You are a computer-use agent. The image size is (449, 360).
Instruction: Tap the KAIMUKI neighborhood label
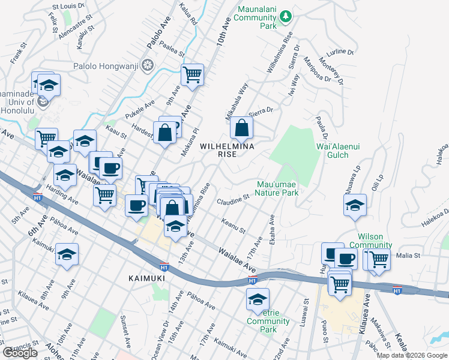point(146,278)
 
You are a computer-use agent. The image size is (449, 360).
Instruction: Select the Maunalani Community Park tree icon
point(287,14)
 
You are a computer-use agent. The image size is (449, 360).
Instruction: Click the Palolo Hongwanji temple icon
point(146,67)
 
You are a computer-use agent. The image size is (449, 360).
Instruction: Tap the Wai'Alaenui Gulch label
point(339,150)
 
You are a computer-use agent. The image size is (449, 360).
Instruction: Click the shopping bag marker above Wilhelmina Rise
point(241,128)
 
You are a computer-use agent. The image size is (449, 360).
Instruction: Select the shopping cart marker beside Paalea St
point(192,75)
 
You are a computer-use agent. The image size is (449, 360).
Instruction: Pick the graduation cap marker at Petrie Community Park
point(258,298)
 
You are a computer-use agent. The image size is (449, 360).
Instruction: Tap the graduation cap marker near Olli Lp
point(355,205)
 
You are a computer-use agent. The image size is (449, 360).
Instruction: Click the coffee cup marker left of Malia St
point(346,259)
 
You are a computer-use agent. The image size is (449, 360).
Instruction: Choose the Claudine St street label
point(233,198)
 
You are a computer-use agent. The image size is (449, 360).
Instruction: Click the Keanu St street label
point(234,227)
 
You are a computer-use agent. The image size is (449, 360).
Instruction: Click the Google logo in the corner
point(20,353)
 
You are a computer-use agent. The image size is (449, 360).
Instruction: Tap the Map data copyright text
point(411,355)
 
